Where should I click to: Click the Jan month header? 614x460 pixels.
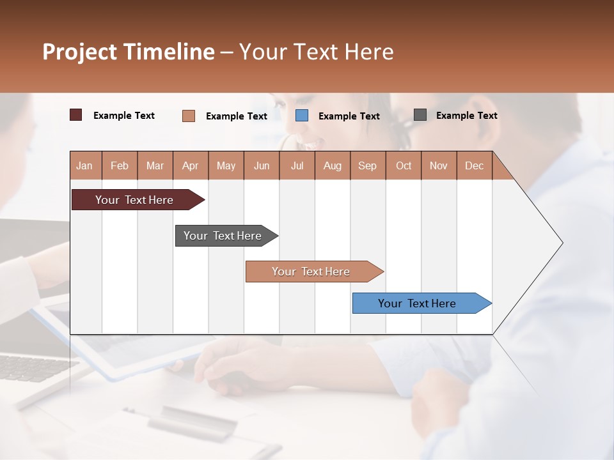tap(84, 165)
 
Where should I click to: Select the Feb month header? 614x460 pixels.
tap(120, 165)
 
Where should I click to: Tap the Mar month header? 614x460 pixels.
tap(155, 165)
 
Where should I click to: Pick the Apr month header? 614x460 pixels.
tap(191, 165)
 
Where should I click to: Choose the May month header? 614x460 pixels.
tap(226, 165)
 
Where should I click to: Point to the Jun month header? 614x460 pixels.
tap(262, 165)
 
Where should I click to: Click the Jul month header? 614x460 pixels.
tap(297, 165)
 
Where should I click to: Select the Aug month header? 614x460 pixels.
tap(333, 165)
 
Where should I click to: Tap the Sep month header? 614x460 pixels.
tap(368, 165)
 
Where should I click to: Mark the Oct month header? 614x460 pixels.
tap(404, 165)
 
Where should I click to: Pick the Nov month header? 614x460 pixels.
tap(439, 165)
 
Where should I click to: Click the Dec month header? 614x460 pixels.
tap(475, 165)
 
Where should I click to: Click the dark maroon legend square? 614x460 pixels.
tap(76, 115)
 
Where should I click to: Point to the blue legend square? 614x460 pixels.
tap(302, 116)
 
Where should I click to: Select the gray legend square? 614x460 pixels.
tap(420, 115)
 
